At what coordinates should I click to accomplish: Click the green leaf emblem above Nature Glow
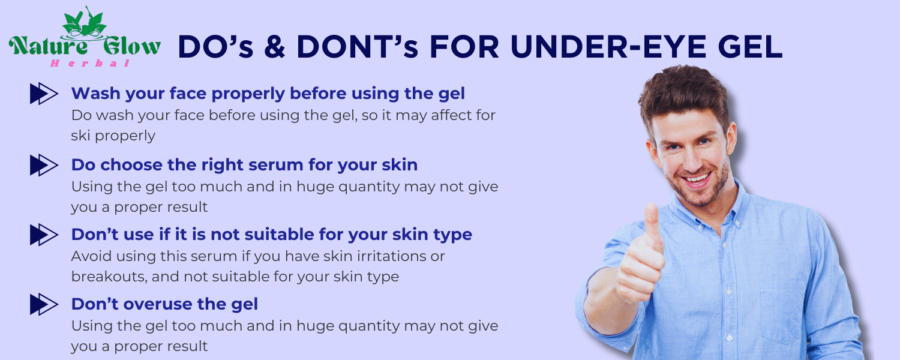(x=85, y=23)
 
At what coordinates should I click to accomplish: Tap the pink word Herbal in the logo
(x=90, y=63)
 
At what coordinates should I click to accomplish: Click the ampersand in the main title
(x=275, y=47)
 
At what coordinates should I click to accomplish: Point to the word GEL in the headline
(x=750, y=47)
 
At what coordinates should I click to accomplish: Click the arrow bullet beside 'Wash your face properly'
(x=44, y=94)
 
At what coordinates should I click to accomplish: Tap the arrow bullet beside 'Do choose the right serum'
(x=44, y=165)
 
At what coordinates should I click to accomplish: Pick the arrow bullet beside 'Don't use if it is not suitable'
(x=44, y=235)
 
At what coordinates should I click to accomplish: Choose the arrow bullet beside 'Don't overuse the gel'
(x=44, y=305)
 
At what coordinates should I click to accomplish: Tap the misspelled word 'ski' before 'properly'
(x=80, y=136)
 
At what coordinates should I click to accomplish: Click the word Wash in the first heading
(x=95, y=94)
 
